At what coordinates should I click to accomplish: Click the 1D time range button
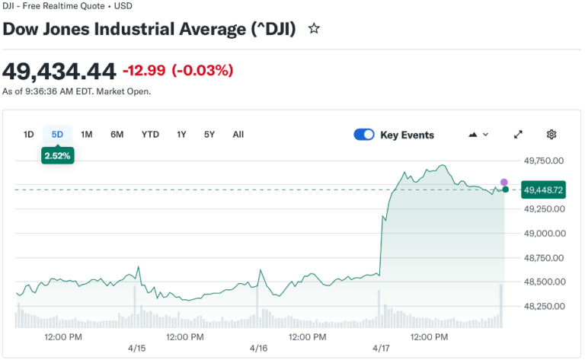[29, 135]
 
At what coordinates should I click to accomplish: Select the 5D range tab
[57, 135]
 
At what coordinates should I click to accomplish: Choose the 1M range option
[87, 135]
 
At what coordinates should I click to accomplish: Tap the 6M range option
[117, 135]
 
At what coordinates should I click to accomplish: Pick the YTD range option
[150, 135]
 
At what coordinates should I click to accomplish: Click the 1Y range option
[181, 135]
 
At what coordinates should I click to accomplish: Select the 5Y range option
[209, 135]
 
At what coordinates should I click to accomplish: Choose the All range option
[238, 135]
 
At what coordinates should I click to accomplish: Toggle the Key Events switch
[364, 135]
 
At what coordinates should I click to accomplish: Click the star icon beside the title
[314, 29]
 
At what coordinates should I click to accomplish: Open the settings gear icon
[551, 135]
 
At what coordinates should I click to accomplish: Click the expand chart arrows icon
[518, 135]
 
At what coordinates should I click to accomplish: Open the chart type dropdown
[478, 135]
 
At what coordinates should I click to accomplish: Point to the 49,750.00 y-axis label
[543, 161]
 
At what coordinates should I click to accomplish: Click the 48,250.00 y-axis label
[543, 306]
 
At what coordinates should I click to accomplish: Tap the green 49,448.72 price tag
[543, 190]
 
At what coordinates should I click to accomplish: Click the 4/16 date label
[258, 348]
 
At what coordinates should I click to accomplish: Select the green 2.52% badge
[57, 155]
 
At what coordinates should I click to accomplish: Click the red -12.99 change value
[144, 71]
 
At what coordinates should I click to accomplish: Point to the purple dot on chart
[503, 182]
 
